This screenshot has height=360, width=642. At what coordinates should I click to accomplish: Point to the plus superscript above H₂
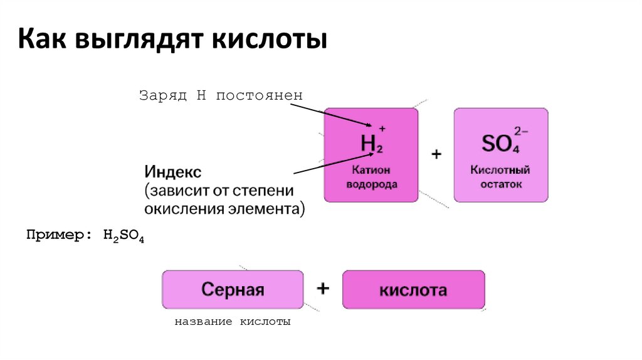tap(382, 129)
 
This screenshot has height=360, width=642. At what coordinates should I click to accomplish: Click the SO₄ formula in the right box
tap(498, 145)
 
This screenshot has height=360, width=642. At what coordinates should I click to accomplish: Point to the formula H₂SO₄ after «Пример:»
tap(121, 236)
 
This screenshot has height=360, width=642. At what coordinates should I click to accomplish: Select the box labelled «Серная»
tap(233, 290)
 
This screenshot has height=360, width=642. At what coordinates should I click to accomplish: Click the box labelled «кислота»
tap(413, 290)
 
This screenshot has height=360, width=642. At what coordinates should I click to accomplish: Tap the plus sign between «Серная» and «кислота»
tap(323, 289)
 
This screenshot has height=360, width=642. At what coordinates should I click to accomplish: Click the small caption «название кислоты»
tap(233, 322)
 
